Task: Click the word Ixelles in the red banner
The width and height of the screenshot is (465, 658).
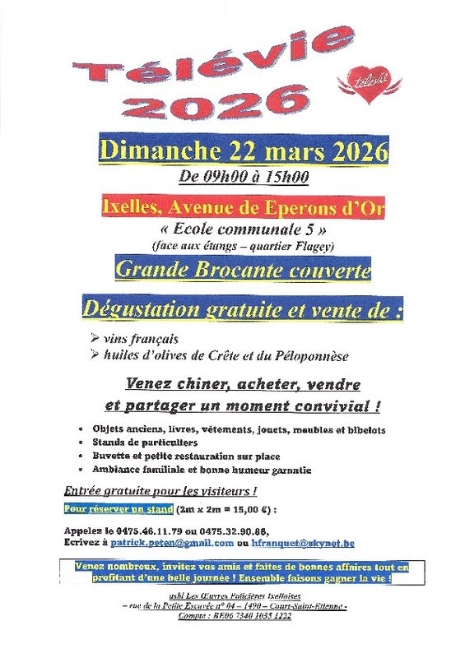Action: coord(125,206)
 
